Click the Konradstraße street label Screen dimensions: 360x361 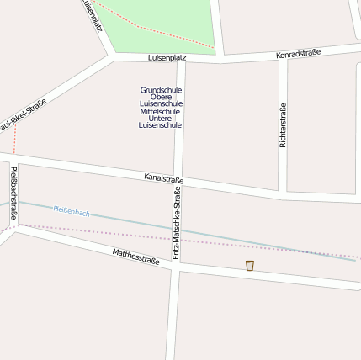click(x=300, y=55)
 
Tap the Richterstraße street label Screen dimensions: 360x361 click(x=283, y=125)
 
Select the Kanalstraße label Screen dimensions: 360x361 click(x=163, y=178)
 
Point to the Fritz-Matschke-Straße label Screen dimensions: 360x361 click(x=177, y=223)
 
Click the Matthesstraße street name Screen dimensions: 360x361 click(x=135, y=257)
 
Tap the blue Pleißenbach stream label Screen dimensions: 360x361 click(x=71, y=212)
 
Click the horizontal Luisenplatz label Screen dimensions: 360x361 click(x=167, y=57)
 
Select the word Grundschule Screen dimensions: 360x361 click(x=161, y=89)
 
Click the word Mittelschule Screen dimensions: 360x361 click(x=161, y=111)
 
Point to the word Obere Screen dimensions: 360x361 click(x=161, y=97)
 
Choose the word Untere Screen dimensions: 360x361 click(x=161, y=118)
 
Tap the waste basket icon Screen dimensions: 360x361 click(x=250, y=266)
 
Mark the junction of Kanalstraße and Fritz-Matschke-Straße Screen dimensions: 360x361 click(x=179, y=179)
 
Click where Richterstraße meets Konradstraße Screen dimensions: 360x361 click(x=283, y=57)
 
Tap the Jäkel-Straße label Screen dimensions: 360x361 click(x=23, y=115)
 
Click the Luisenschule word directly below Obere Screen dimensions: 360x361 click(x=161, y=103)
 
